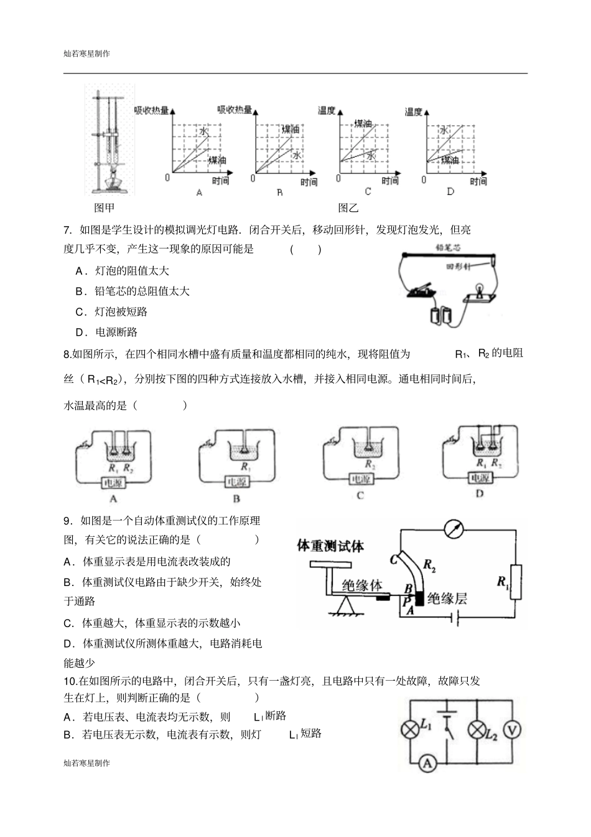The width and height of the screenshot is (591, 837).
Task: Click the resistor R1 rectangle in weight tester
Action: (x=515, y=582)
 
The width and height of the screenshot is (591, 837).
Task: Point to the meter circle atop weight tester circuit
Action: (x=454, y=529)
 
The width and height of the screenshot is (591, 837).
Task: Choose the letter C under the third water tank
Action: (x=360, y=496)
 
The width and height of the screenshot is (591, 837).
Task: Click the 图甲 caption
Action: (x=104, y=207)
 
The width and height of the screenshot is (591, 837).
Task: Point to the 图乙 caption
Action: (x=348, y=207)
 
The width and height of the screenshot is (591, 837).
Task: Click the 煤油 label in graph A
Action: (x=217, y=160)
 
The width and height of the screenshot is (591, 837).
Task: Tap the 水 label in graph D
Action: (x=444, y=130)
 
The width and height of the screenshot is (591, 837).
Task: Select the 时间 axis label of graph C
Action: (x=390, y=181)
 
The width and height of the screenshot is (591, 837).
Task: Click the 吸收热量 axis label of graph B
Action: (x=234, y=110)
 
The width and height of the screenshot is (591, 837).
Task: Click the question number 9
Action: (x=67, y=521)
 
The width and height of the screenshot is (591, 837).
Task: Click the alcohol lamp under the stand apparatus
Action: (x=113, y=181)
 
